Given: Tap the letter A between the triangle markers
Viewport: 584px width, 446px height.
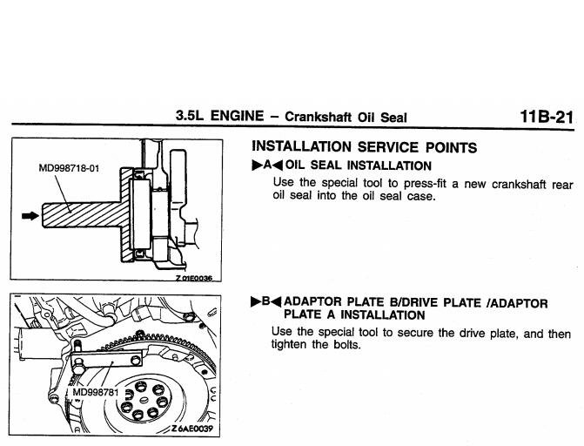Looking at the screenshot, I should pos(264,166).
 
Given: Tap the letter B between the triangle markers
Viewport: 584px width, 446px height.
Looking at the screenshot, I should pos(264,303).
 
